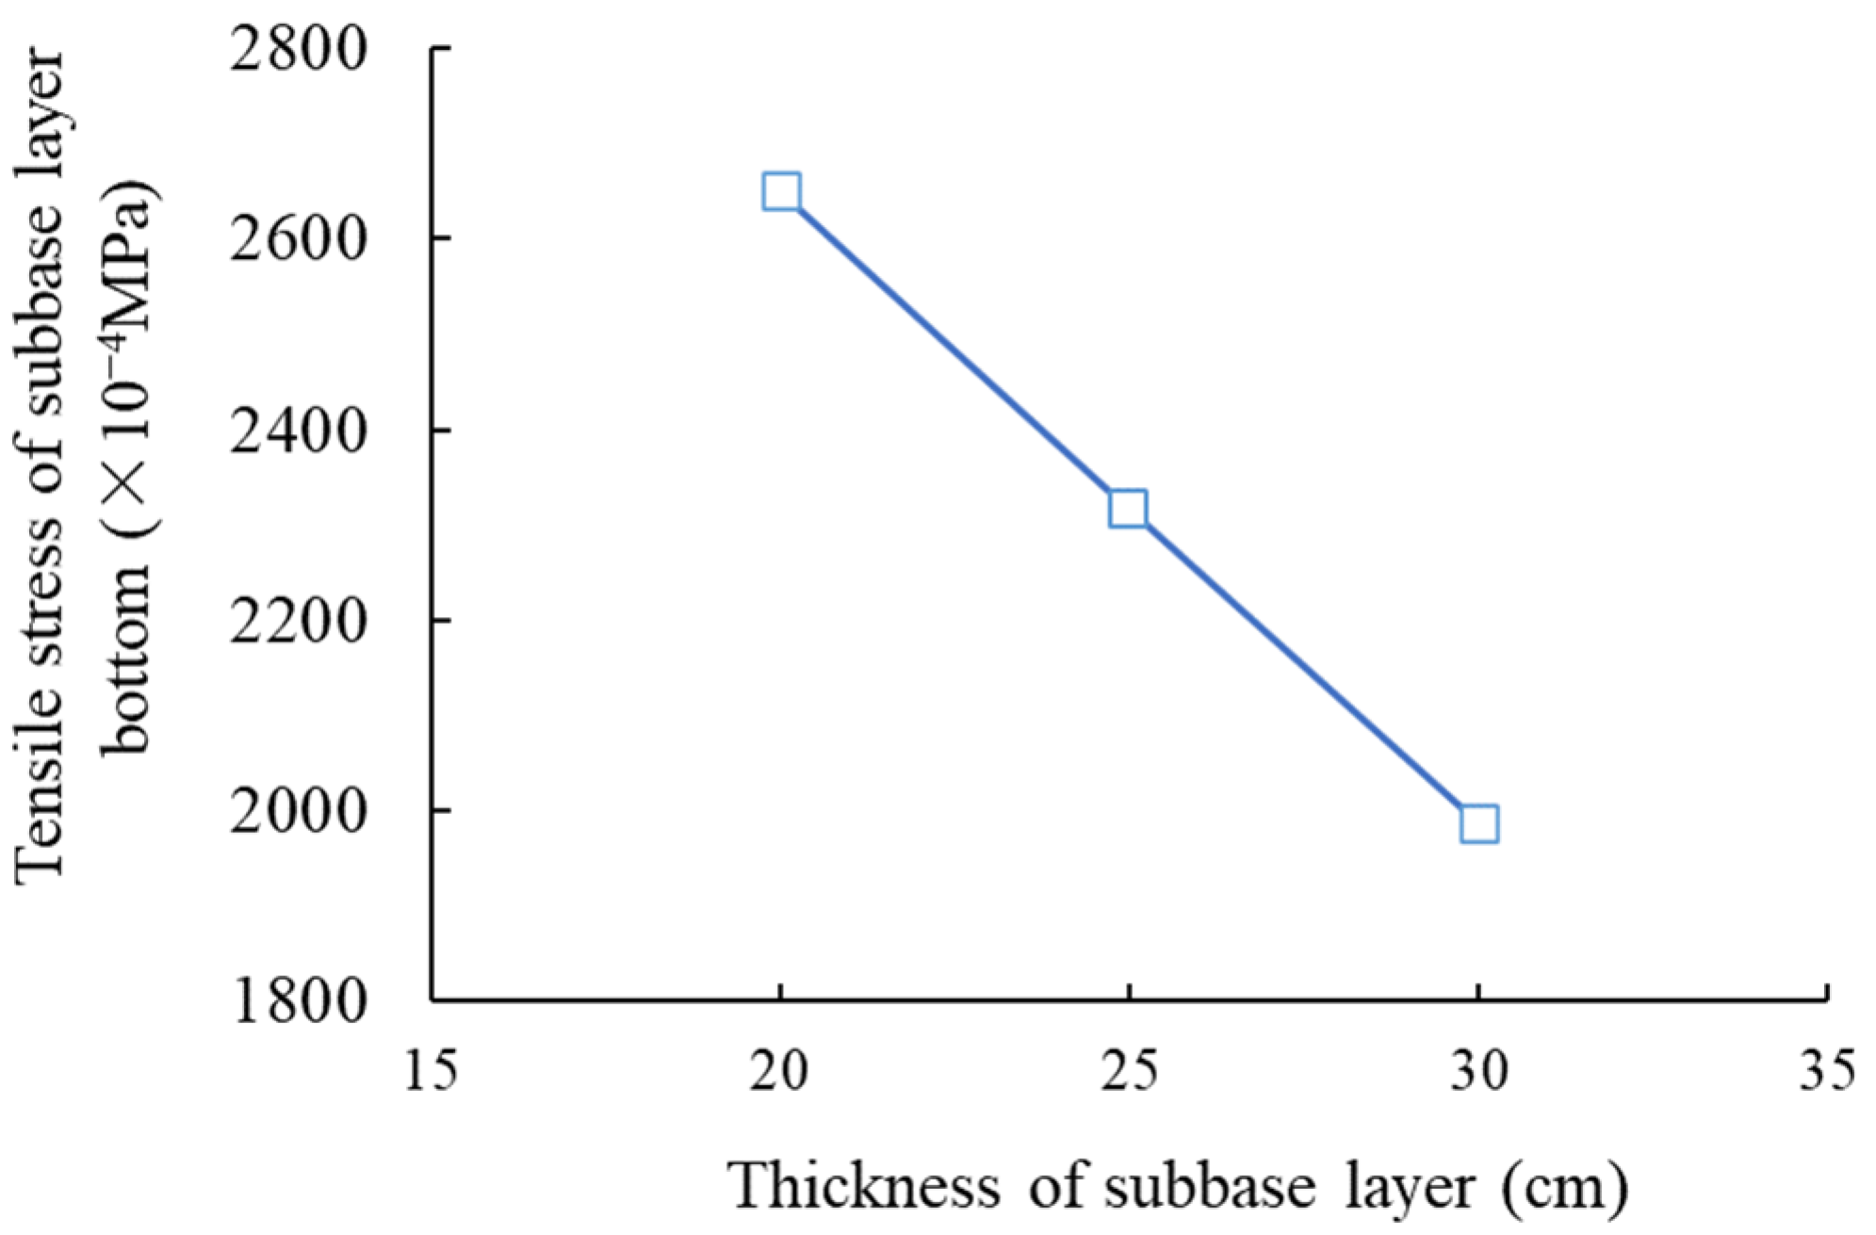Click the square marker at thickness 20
point(781,192)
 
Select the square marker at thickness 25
point(1128,509)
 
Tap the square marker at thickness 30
point(1478,823)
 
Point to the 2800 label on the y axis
point(298,50)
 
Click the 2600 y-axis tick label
point(298,239)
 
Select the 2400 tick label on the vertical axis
point(298,431)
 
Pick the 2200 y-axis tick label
point(298,622)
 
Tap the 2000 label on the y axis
point(298,811)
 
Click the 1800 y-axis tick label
point(298,1002)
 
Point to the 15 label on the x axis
point(431,1072)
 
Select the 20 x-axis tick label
point(780,1072)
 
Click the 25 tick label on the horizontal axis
point(1130,1072)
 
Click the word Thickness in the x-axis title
point(865,1186)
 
